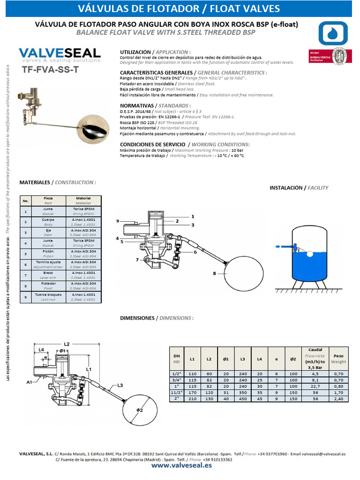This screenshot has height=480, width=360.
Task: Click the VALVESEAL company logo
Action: (x=60, y=54)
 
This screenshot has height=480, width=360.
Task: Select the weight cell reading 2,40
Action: (x=338, y=398)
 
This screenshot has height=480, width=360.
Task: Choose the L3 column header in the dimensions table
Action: (x=242, y=359)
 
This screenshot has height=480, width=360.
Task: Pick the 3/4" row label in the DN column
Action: (x=177, y=380)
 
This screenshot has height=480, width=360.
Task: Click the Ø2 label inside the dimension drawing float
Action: (x=139, y=410)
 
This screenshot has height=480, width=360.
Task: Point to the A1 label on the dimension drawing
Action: (x=29, y=382)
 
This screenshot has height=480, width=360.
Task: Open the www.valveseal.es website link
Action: (x=181, y=466)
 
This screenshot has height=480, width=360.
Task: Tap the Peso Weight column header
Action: (x=338, y=359)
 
